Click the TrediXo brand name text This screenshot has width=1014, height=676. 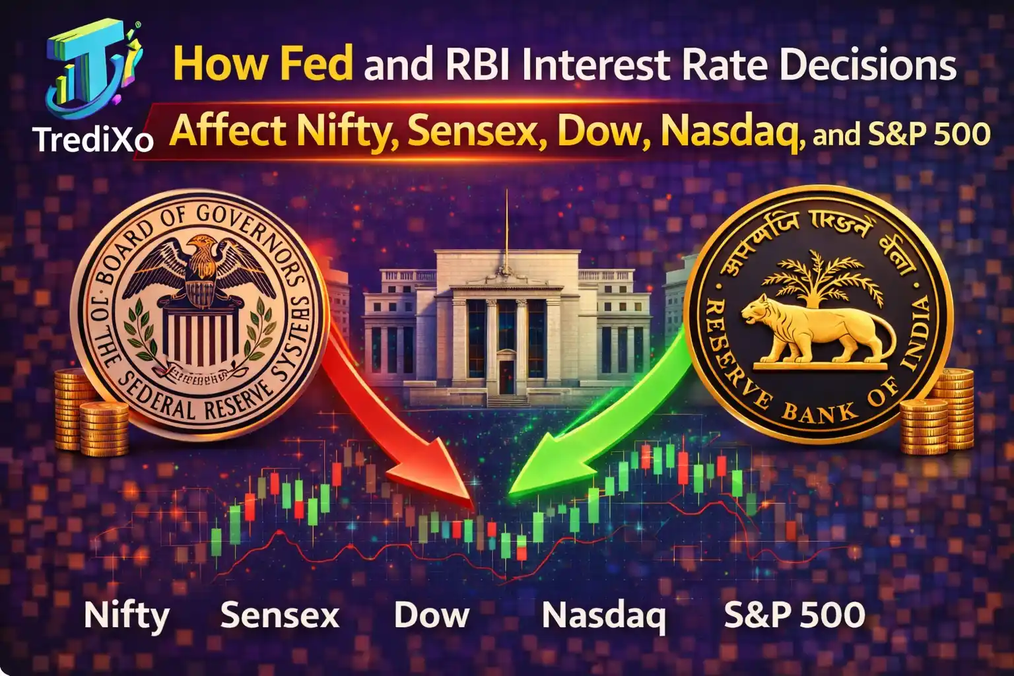[92, 139]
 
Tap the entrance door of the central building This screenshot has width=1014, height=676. [506, 376]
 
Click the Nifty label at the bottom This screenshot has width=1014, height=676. [127, 615]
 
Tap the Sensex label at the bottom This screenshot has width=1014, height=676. [280, 615]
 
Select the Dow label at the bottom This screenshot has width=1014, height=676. [432, 615]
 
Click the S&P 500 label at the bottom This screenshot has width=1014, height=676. [794, 615]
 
